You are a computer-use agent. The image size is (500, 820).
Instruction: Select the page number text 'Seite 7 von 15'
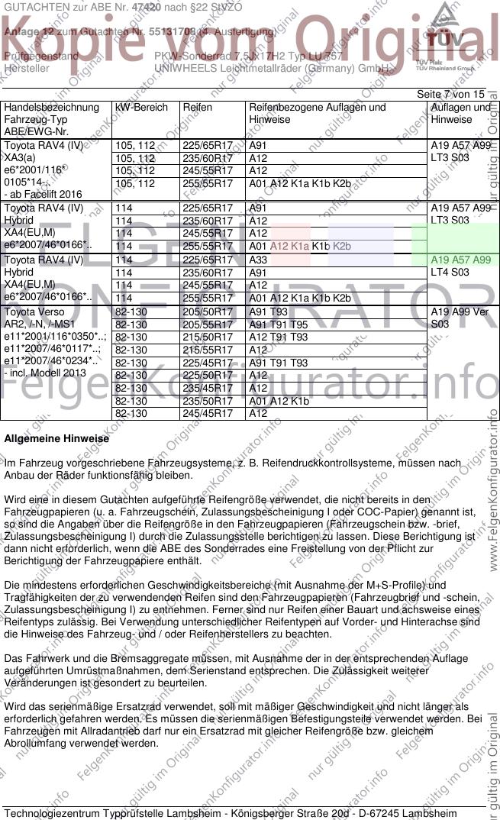pos(450,94)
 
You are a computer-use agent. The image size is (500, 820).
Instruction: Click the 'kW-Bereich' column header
pos(141,108)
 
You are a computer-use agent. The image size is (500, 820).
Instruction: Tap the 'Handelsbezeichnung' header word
pos(51,108)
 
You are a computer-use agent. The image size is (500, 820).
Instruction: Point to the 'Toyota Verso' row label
pos(35,312)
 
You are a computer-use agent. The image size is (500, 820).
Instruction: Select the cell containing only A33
pos(259,260)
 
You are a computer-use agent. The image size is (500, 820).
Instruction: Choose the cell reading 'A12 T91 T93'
pos(279,337)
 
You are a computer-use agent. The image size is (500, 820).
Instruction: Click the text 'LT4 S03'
pos(450,273)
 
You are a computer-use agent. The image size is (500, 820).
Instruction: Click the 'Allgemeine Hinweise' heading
pos(56,439)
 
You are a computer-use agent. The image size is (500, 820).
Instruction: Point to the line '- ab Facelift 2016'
pos(44,195)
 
